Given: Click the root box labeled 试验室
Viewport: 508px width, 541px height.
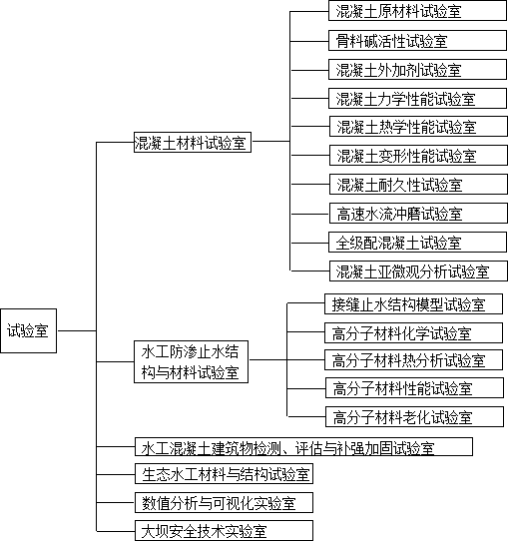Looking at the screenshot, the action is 28,330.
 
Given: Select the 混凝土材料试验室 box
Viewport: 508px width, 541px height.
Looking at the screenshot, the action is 193,142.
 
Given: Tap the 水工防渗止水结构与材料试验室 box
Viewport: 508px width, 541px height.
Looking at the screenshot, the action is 191,361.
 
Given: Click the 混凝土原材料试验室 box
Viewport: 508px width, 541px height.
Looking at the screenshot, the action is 417,11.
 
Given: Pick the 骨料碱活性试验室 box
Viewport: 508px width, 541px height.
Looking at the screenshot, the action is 417,40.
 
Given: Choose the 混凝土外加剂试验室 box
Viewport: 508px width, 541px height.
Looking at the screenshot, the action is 417,69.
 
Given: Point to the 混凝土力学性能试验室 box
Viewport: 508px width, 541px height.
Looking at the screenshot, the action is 417,99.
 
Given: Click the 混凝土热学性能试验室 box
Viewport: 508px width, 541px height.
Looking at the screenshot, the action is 418,127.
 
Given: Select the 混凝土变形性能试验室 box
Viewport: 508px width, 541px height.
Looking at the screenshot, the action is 418,156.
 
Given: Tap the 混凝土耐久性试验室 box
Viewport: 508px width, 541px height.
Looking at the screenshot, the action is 418,185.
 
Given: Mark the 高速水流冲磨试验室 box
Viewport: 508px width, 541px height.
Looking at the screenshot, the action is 418,214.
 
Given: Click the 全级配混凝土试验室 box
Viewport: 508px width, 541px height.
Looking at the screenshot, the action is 417,243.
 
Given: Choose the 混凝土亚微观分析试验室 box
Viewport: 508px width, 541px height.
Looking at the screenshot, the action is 418,271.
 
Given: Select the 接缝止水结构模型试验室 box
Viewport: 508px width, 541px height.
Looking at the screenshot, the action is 413,304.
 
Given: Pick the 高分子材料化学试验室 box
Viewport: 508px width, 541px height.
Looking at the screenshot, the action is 413,333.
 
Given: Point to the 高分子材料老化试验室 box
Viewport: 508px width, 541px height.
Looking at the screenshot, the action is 414,417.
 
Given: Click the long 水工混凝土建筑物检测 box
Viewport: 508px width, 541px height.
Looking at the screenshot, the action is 303,447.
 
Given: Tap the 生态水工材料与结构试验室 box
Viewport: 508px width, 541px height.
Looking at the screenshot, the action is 224,474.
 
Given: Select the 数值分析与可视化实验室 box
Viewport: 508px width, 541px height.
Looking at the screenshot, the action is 224,503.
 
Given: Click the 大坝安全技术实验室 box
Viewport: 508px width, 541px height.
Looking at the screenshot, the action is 224,531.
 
